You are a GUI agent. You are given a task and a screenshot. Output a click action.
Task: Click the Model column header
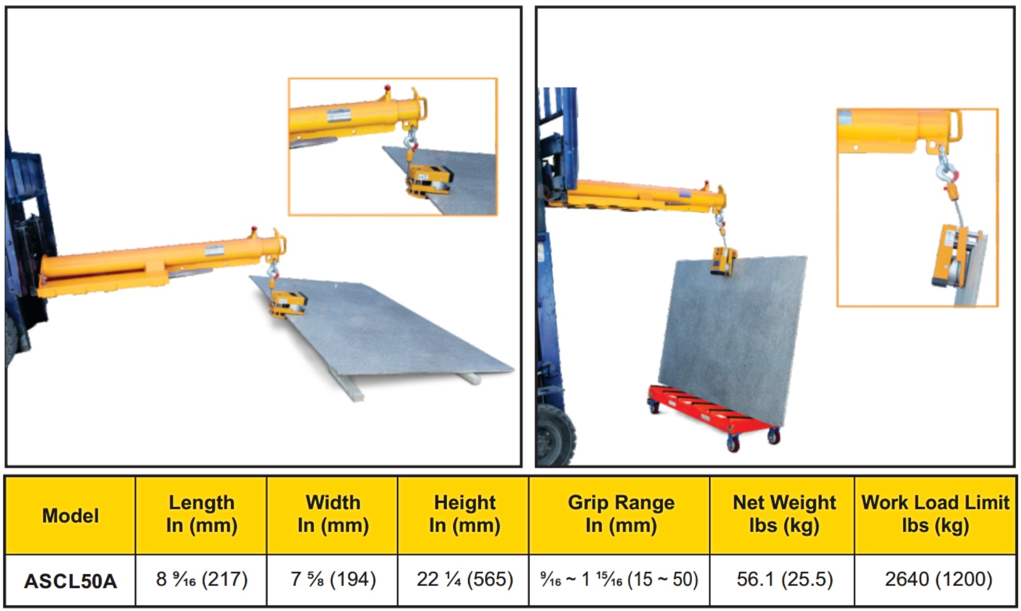click(x=70, y=516)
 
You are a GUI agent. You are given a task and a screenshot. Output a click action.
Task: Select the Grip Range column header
click(x=621, y=514)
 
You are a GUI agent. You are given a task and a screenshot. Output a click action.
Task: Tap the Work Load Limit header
click(x=935, y=514)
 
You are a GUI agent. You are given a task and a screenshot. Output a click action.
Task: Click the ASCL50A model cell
click(x=70, y=581)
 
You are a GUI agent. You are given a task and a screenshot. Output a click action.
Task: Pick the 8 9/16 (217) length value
click(x=202, y=579)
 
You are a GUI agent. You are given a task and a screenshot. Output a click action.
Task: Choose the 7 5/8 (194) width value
click(x=333, y=579)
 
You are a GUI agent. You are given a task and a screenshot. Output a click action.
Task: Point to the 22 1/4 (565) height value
click(x=465, y=579)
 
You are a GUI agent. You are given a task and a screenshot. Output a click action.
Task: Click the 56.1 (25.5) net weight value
click(x=785, y=579)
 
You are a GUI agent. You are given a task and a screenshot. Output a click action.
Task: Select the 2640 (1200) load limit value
click(x=938, y=579)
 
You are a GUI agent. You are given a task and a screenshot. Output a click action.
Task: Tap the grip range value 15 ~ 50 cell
click(x=619, y=579)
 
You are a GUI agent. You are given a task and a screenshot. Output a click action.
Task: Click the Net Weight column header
click(x=785, y=514)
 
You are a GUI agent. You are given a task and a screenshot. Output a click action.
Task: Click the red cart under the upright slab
click(x=715, y=416)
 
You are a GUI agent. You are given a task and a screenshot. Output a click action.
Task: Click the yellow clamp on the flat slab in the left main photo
click(x=288, y=304)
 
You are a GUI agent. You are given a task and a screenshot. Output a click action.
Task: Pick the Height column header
click(x=465, y=514)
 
